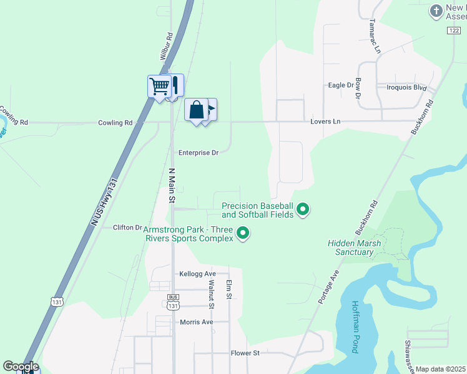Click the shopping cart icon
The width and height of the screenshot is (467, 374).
pyautogui.click(x=160, y=85)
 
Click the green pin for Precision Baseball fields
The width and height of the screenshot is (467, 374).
pyautogui.click(x=303, y=209)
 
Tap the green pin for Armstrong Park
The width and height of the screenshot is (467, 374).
pyautogui.click(x=243, y=234)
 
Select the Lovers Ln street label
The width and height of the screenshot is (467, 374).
pyautogui.click(x=326, y=122)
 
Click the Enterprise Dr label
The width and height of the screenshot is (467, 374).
pyautogui.click(x=199, y=152)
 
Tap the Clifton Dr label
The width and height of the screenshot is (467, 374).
pyautogui.click(x=128, y=228)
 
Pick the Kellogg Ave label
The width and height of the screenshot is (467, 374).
pyautogui.click(x=197, y=274)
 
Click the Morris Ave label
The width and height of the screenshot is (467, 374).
pyautogui.click(x=196, y=322)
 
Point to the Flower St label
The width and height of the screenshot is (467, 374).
pyautogui.click(x=245, y=353)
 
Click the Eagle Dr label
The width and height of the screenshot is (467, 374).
pyautogui.click(x=341, y=85)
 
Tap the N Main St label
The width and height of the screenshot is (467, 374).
pyautogui.click(x=171, y=185)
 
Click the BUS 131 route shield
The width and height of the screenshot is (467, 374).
pyautogui.click(x=174, y=302)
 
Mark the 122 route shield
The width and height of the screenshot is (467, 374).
pyautogui.click(x=454, y=30)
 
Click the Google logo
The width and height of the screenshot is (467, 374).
pyautogui.click(x=21, y=367)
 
